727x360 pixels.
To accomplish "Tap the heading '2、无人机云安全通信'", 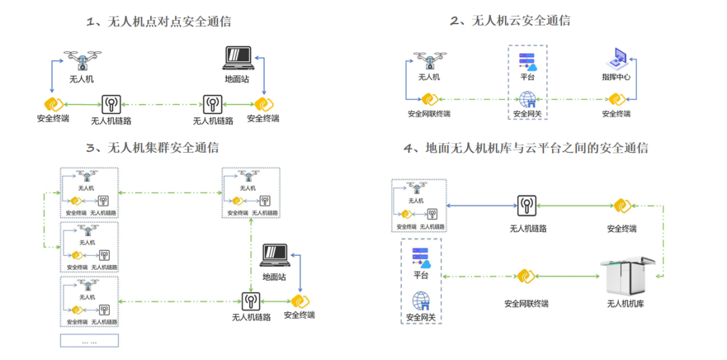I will pyautogui.click(x=510, y=21).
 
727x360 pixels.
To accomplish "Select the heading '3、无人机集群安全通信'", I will pyautogui.click(x=153, y=147).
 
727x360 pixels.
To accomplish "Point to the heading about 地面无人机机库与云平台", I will pyautogui.click(x=525, y=148).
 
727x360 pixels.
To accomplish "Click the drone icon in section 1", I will pyautogui.click(x=81, y=61).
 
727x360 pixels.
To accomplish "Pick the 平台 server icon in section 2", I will pyautogui.click(x=526, y=60).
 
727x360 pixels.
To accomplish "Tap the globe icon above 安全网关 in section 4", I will pyautogui.click(x=421, y=300).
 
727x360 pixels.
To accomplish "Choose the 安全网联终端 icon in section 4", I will pyautogui.click(x=525, y=276).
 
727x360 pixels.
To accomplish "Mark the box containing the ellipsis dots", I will pyautogui.click(x=89, y=341).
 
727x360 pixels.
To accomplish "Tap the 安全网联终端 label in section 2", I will pyautogui.click(x=429, y=114).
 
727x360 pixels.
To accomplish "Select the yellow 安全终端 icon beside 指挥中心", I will pyautogui.click(x=615, y=99).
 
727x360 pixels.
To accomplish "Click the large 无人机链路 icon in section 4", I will pyautogui.click(x=527, y=204).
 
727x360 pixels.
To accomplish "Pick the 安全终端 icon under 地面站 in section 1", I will pyautogui.click(x=263, y=105).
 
